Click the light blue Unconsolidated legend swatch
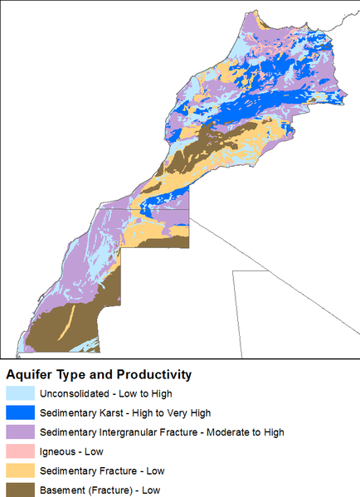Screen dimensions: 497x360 tap(20, 393)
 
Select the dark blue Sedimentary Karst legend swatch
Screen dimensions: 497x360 tap(20, 412)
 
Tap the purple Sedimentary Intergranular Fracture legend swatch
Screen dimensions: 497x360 tap(20, 432)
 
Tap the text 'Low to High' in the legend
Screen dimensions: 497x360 tap(146, 393)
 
